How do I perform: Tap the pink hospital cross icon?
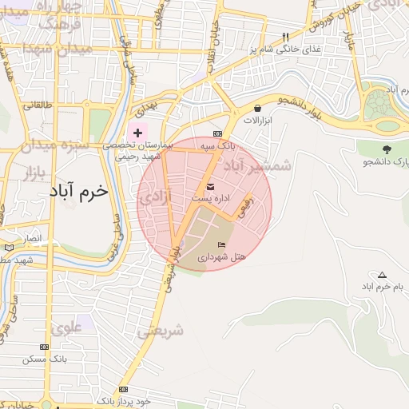pos(137,132)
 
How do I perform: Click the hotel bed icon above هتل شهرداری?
pos(221,244)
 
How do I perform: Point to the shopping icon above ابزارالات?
pos(257,108)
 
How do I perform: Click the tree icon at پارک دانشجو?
pos(387,149)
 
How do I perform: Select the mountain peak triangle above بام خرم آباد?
pos(382,274)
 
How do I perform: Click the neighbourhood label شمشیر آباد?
pos(257,165)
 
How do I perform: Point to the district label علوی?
pos(66,327)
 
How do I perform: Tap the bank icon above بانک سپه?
pos(217,133)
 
